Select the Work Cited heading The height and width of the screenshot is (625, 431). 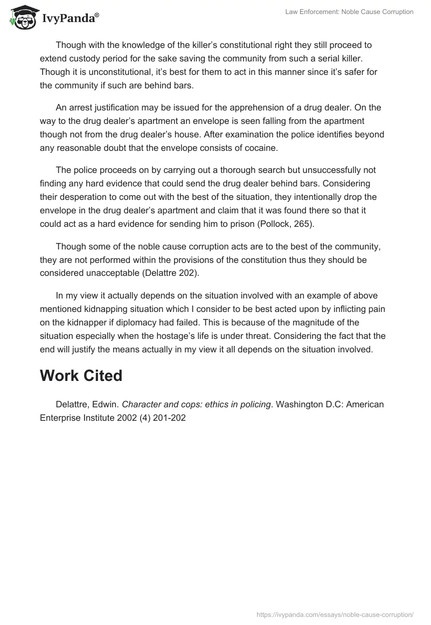(x=81, y=376)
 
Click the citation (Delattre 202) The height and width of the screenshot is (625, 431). (x=165, y=273)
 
